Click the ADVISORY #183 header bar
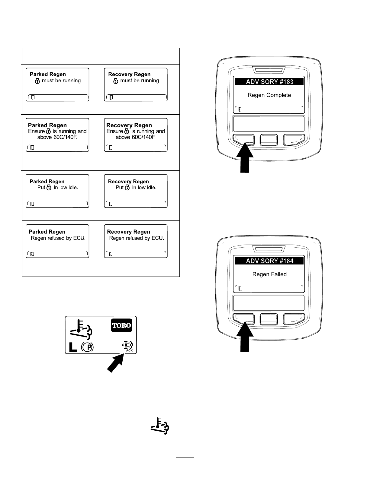tap(269, 82)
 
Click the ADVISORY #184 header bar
tap(269, 261)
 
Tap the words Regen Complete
tap(269, 95)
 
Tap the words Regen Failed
tap(269, 274)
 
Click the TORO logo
tap(121, 325)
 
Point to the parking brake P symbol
tap(87, 347)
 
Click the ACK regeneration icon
tap(127, 346)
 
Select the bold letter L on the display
tap(73, 347)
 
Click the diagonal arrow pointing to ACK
tap(116, 363)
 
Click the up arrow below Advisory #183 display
tap(245, 157)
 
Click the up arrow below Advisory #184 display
tap(245, 337)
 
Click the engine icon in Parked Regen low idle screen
tap(49, 187)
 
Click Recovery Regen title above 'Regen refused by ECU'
tap(128, 232)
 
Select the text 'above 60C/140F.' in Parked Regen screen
tap(57, 137)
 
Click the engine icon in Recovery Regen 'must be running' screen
tap(116, 81)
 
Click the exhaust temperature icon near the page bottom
tap(160, 426)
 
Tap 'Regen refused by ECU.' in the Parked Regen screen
tap(58, 238)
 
